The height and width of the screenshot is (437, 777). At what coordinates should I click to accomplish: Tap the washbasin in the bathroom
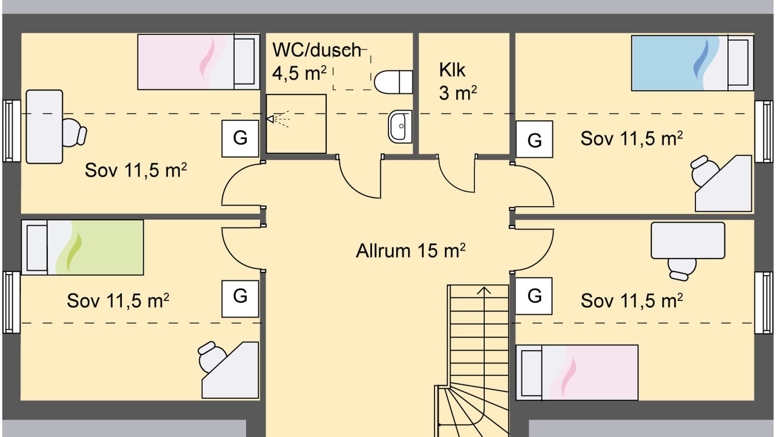click(400, 126)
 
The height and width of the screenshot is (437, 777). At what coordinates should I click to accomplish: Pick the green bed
click(95, 247)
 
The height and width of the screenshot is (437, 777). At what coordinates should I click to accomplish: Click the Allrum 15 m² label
click(410, 251)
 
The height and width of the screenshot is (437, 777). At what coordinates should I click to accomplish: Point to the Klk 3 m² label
click(457, 82)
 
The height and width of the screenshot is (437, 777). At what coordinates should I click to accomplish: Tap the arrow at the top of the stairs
click(484, 291)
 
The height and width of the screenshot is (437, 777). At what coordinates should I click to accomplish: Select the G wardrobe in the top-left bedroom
click(240, 138)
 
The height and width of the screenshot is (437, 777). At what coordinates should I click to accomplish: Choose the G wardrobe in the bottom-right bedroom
click(534, 296)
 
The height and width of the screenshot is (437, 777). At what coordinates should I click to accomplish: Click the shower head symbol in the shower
click(270, 119)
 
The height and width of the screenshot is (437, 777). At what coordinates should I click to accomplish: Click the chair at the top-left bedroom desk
click(74, 132)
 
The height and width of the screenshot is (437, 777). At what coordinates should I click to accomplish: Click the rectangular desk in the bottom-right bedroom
click(688, 240)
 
